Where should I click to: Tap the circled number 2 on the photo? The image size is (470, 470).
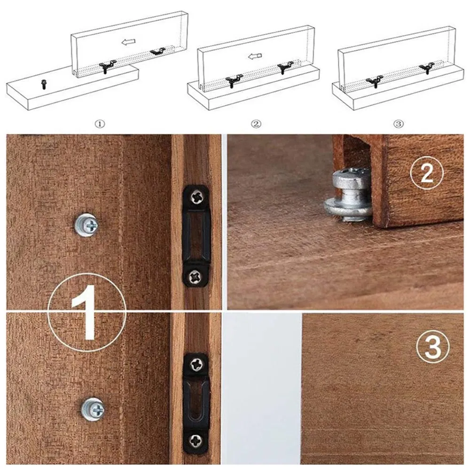click(x=426, y=173)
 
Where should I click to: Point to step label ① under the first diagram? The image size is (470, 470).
click(x=100, y=124)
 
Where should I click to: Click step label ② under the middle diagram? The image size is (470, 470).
click(x=256, y=124)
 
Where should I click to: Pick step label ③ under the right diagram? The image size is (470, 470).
click(x=398, y=124)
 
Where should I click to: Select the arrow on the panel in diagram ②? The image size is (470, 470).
click(x=254, y=57)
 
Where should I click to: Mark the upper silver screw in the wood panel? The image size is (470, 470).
click(x=87, y=225)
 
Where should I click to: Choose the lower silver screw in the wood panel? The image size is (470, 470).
click(x=92, y=409)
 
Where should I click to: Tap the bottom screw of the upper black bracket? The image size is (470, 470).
click(x=196, y=277)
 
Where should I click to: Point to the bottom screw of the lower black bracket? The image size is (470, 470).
click(x=196, y=441)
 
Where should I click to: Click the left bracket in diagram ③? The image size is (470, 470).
click(x=374, y=80)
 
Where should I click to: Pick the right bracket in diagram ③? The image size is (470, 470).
click(x=427, y=68)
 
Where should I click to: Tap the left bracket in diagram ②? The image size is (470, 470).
click(x=234, y=80)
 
